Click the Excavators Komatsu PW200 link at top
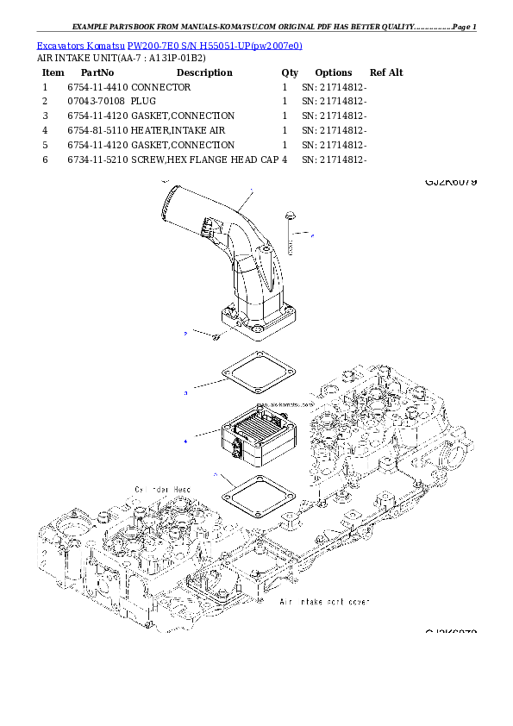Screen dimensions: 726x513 coord(169,45)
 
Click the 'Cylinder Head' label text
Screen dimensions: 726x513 coord(162,489)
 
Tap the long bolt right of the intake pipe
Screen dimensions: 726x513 coord(290,237)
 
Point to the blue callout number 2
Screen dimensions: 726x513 coord(185,332)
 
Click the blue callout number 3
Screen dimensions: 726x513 coord(185,393)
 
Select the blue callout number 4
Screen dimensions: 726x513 coord(185,441)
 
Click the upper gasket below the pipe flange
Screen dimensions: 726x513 coord(258,374)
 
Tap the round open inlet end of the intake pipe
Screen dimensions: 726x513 coord(167,203)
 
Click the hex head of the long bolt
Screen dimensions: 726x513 coord(288,212)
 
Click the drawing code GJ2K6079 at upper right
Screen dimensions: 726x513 coord(450,182)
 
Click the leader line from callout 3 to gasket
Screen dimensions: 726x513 coord(207,384)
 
